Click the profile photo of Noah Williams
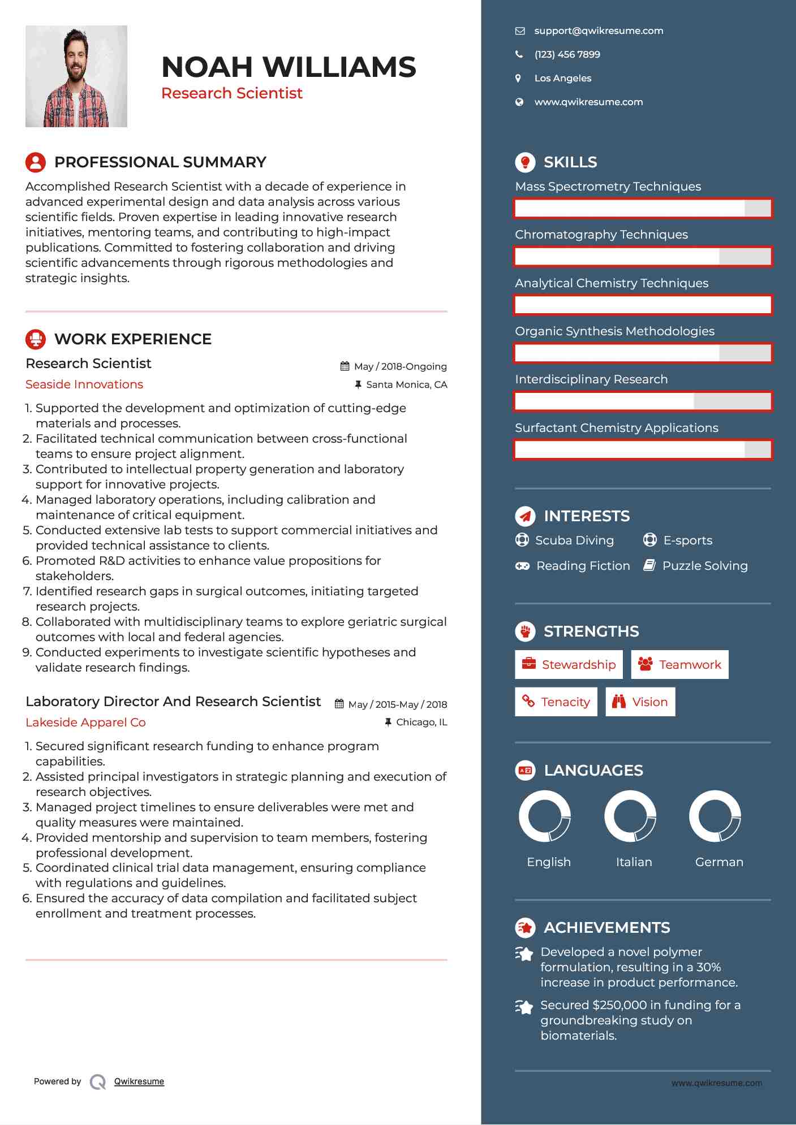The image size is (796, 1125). [76, 76]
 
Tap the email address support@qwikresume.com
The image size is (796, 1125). [599, 31]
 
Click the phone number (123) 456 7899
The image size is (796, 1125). [567, 55]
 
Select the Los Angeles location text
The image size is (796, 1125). [562, 79]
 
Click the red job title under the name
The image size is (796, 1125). [232, 93]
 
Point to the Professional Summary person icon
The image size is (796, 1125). [36, 162]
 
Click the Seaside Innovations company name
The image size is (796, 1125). [84, 384]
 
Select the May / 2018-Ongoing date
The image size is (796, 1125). [400, 366]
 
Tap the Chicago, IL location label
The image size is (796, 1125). [421, 722]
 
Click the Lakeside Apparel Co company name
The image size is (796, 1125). [85, 722]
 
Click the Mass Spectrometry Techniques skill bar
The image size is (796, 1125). [643, 208]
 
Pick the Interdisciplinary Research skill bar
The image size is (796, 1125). [643, 401]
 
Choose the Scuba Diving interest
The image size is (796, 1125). [574, 540]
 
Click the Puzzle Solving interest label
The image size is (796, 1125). [704, 566]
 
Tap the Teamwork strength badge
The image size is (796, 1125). [679, 664]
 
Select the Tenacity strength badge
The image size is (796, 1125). [556, 702]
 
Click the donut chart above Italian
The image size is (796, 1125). [630, 816]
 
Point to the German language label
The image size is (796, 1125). [719, 862]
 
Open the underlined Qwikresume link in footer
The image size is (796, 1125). [139, 1081]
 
